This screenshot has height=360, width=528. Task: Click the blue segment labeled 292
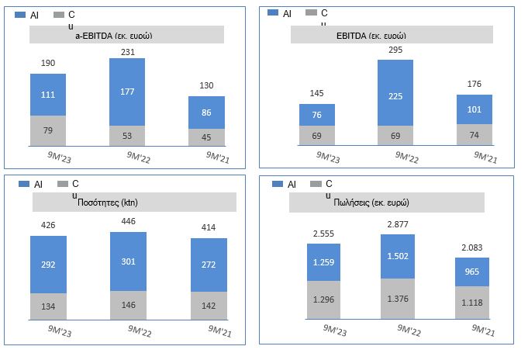pos(48,265)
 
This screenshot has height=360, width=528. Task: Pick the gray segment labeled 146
pos(128,304)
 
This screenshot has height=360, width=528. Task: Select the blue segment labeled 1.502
pos(399,257)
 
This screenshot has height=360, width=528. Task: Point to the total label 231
pos(127,50)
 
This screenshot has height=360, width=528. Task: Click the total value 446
pos(128,223)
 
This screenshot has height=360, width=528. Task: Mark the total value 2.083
pos(473,247)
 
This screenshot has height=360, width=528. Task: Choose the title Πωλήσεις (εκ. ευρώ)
pos(386,202)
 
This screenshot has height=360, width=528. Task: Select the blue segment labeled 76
pos(316,115)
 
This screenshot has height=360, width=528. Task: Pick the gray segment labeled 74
pos(474,135)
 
